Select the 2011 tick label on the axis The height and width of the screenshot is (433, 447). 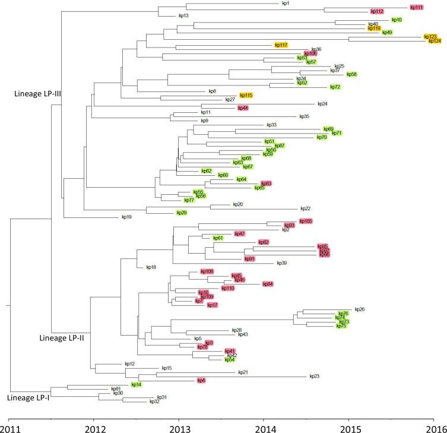coord(9,426)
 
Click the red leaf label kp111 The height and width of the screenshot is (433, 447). coord(416,7)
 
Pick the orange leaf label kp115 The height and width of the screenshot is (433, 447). coord(246,95)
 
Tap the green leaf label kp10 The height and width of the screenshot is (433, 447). coord(397,20)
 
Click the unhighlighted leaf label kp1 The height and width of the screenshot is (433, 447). coord(286,4)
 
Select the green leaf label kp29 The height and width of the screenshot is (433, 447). coord(181,213)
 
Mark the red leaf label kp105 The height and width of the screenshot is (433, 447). coord(305,221)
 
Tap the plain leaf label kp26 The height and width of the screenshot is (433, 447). coord(359,309)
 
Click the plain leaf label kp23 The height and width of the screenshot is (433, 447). coord(314,376)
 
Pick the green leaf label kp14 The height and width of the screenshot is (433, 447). coord(136,384)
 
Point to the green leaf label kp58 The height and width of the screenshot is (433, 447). coord(351,74)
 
